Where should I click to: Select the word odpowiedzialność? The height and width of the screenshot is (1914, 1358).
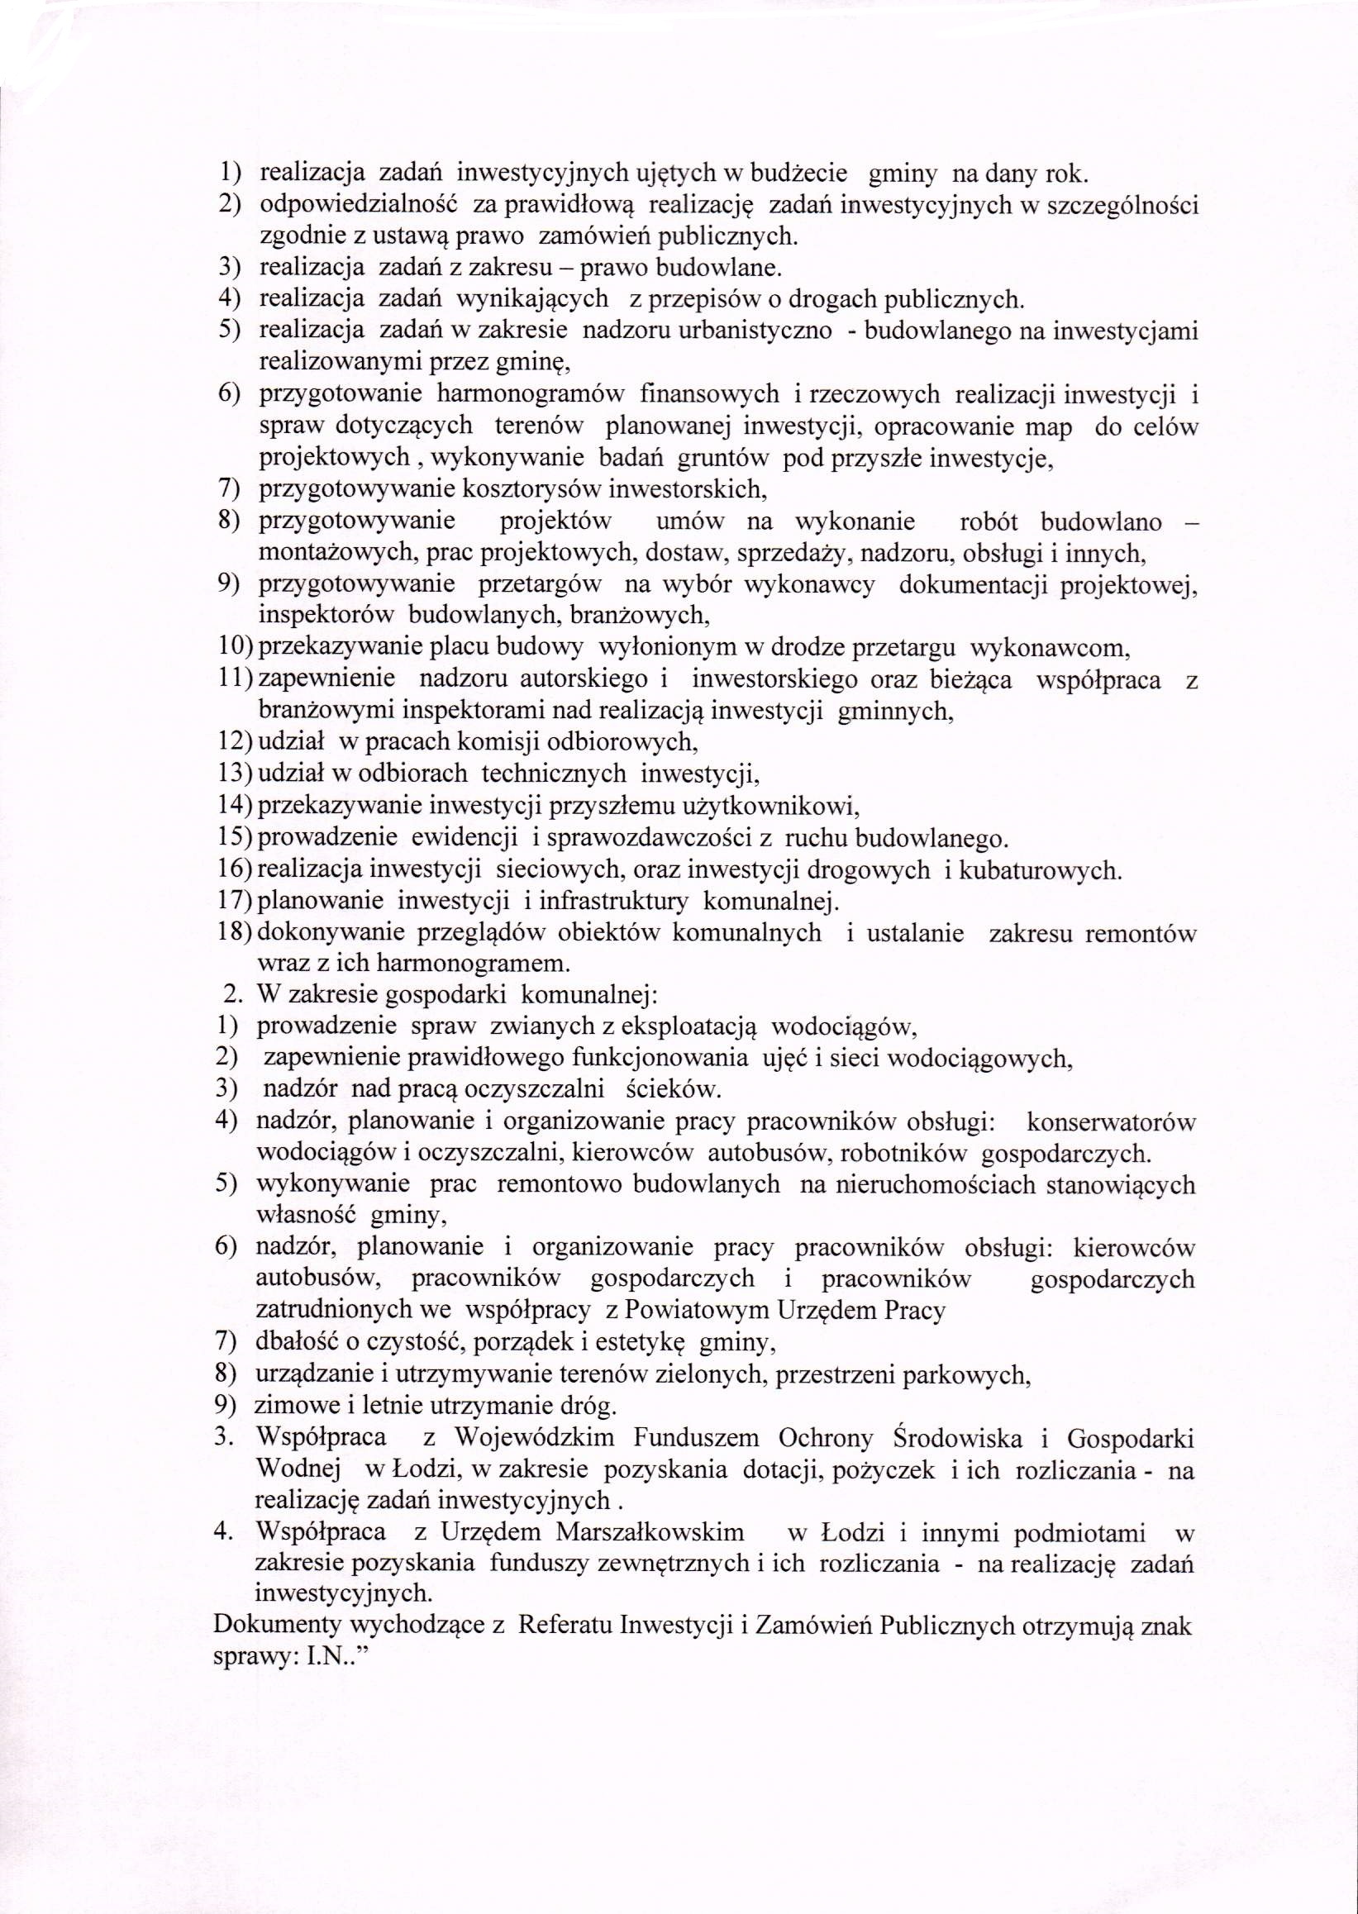pyautogui.click(x=358, y=205)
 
